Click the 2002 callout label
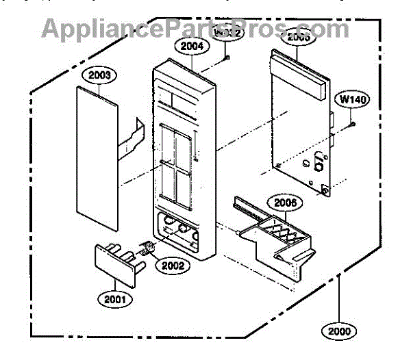[x=171, y=266]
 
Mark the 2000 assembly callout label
[x=338, y=331]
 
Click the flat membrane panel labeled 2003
[x=95, y=157]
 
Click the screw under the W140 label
[x=352, y=124]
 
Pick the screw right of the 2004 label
[x=225, y=59]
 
